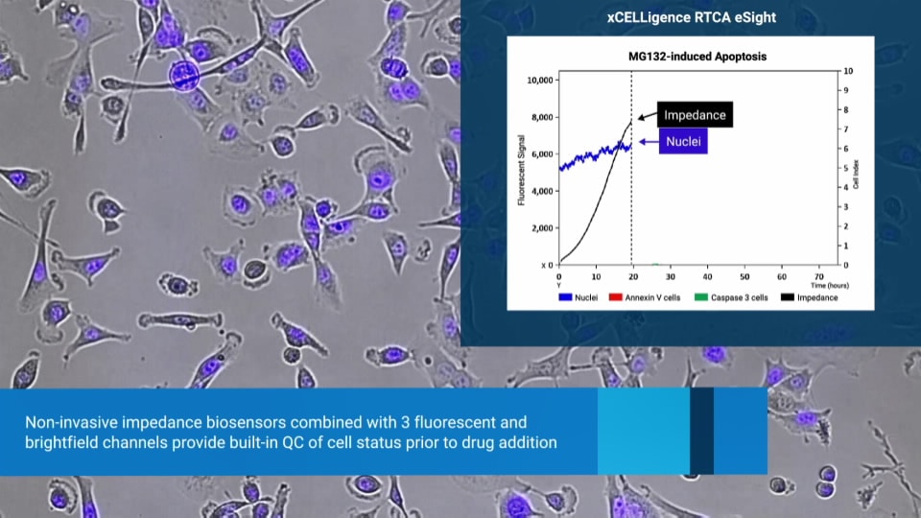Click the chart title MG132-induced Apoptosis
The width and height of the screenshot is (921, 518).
pyautogui.click(x=697, y=57)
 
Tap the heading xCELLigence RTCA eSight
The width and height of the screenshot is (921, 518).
pyautogui.click(x=692, y=17)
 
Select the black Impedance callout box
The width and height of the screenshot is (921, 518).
pyautogui.click(x=695, y=115)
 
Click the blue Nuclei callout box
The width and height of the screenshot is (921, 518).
pyautogui.click(x=683, y=142)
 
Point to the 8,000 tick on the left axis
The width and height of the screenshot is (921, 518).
pyautogui.click(x=542, y=117)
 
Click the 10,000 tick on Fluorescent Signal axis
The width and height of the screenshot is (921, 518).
pyautogui.click(x=540, y=81)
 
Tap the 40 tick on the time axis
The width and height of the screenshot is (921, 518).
pyautogui.click(x=707, y=276)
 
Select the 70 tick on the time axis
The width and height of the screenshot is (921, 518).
pyautogui.click(x=818, y=276)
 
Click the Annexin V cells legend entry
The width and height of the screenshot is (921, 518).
pyautogui.click(x=645, y=297)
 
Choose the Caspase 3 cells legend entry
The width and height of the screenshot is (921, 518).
pyautogui.click(x=731, y=297)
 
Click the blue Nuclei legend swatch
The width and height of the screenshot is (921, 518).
pyautogui.click(x=565, y=297)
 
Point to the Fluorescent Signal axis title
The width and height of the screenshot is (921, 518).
pyautogui.click(x=521, y=171)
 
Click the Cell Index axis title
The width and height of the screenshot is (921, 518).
pyautogui.click(x=856, y=175)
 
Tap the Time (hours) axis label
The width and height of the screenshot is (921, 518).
pyautogui.click(x=829, y=286)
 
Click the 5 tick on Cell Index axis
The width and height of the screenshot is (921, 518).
pyautogui.click(x=846, y=168)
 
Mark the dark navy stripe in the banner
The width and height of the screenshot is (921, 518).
pyautogui.click(x=702, y=431)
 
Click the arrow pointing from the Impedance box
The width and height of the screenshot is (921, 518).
pyautogui.click(x=647, y=116)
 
